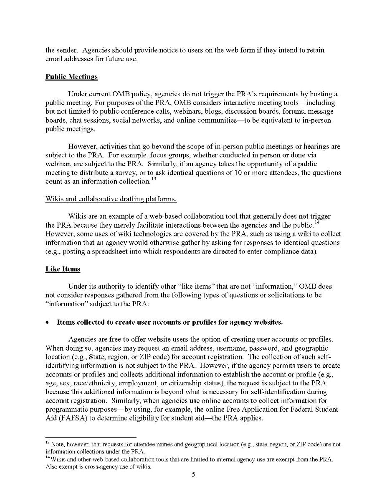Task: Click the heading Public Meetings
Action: pos(71,77)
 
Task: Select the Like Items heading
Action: pos(63,269)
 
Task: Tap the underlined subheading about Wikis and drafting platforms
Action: pos(111,199)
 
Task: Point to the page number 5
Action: pos(194,474)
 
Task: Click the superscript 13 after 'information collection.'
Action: pos(153,180)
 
